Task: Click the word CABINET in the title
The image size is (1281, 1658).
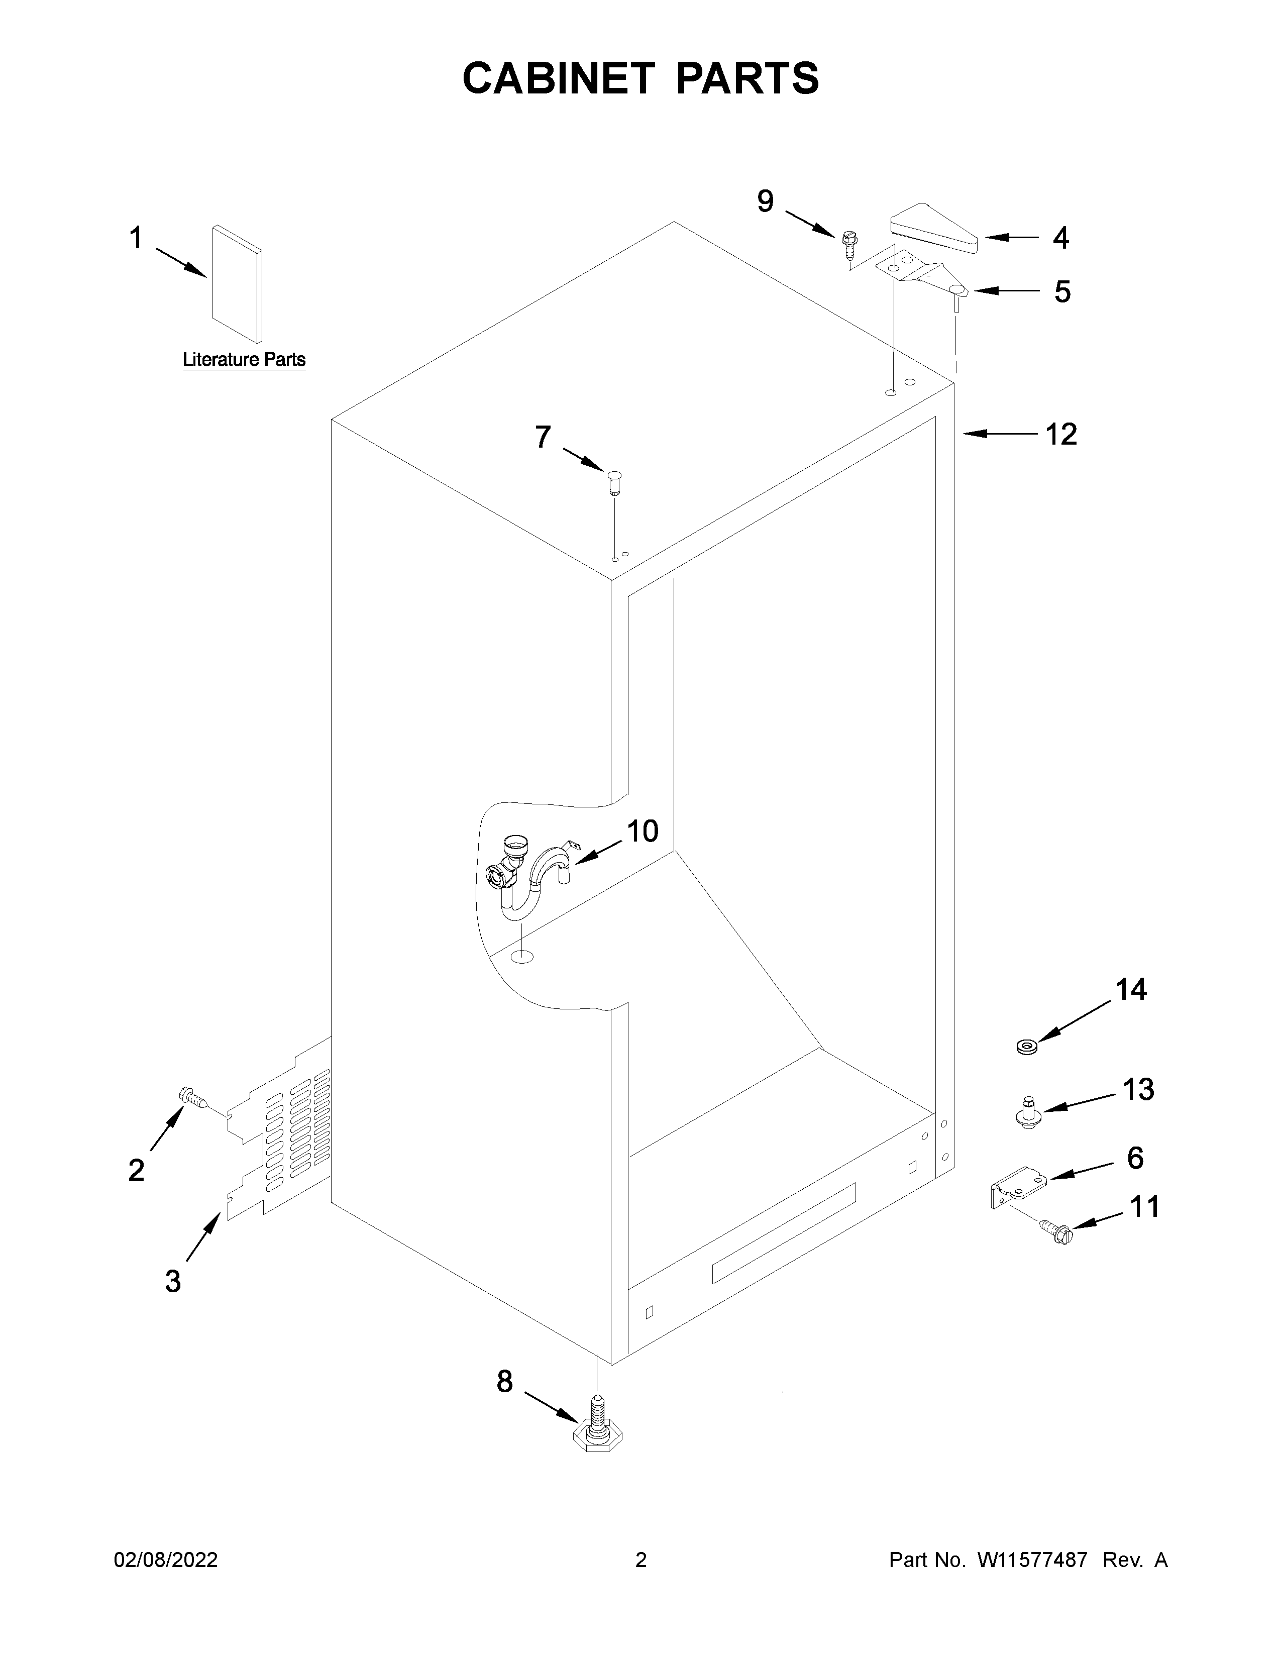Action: click(x=558, y=78)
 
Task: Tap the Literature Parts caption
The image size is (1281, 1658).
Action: click(x=244, y=360)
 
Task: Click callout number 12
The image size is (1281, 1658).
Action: click(x=1061, y=435)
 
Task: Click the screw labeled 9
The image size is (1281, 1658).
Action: click(x=849, y=245)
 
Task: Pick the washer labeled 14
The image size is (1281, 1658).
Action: click(x=1028, y=1048)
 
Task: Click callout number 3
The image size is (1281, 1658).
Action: click(x=173, y=1282)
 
